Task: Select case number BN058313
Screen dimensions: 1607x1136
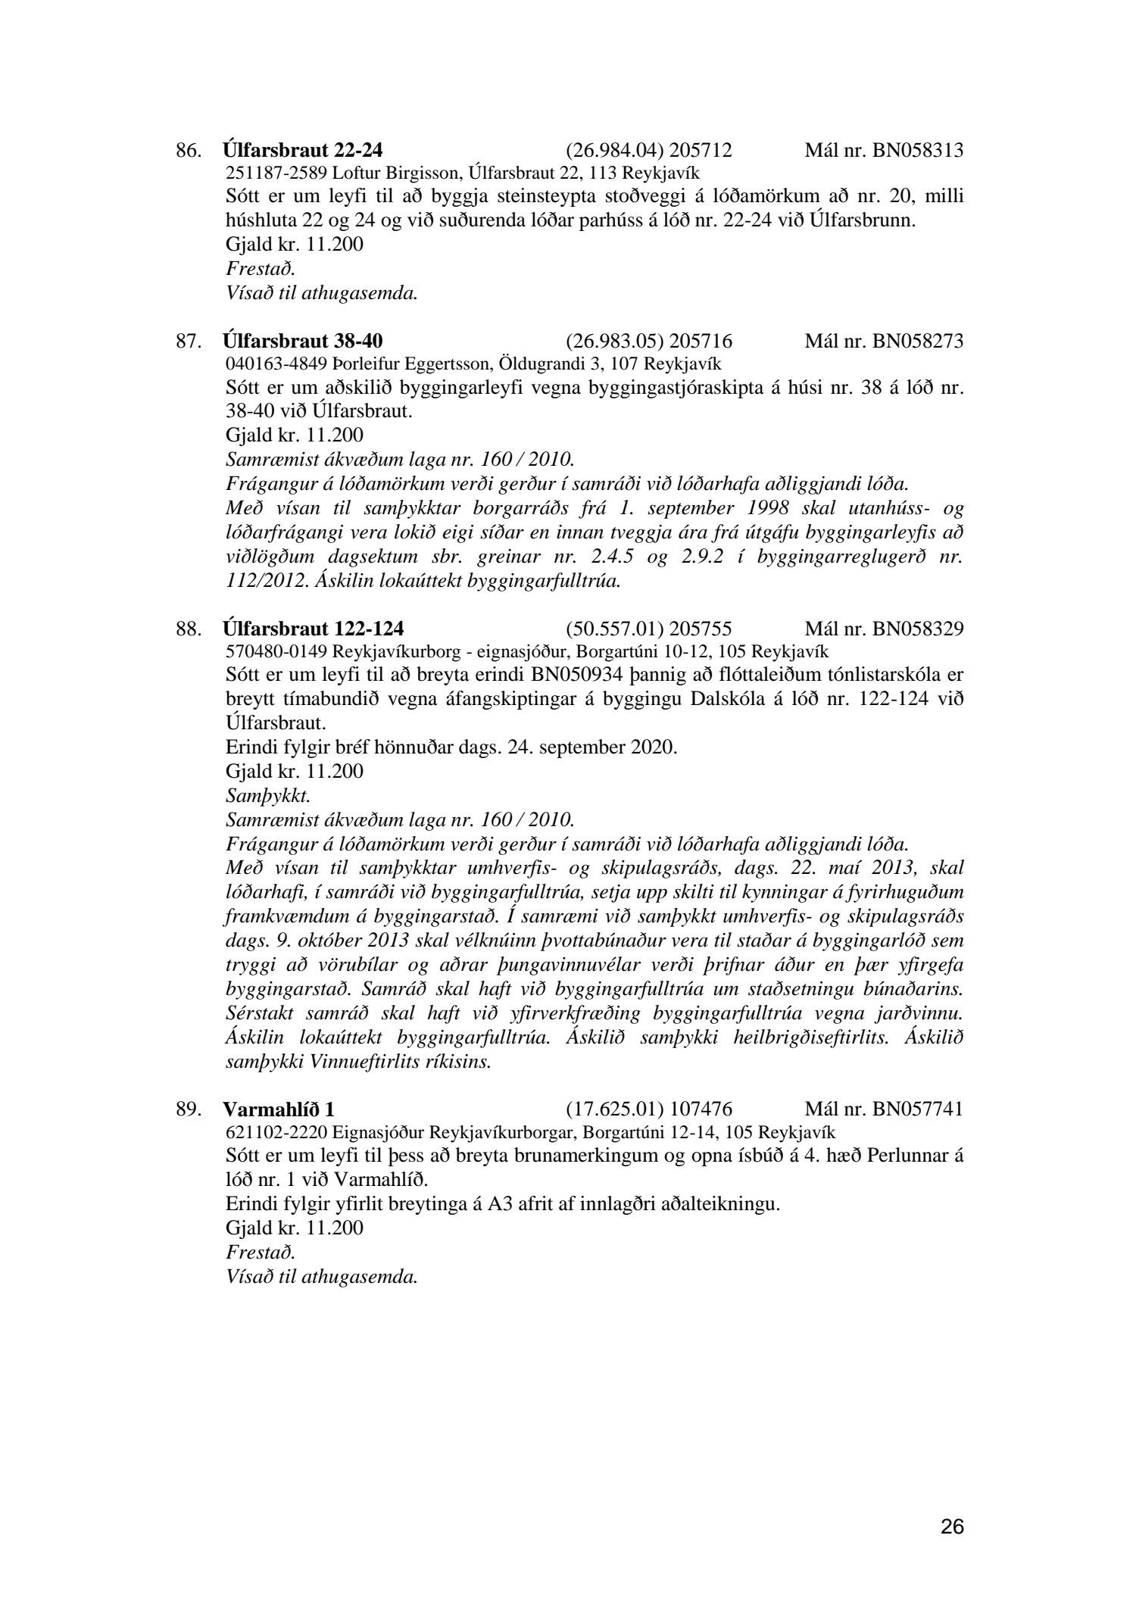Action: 918,150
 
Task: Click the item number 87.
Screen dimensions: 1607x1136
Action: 189,341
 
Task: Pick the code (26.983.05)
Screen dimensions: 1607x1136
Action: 614,341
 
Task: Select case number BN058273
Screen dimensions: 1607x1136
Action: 918,341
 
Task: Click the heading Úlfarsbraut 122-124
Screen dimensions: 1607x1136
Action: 314,629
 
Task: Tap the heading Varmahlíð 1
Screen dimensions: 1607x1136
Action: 279,1109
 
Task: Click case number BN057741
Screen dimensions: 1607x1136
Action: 918,1109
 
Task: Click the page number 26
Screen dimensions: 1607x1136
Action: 952,1527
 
